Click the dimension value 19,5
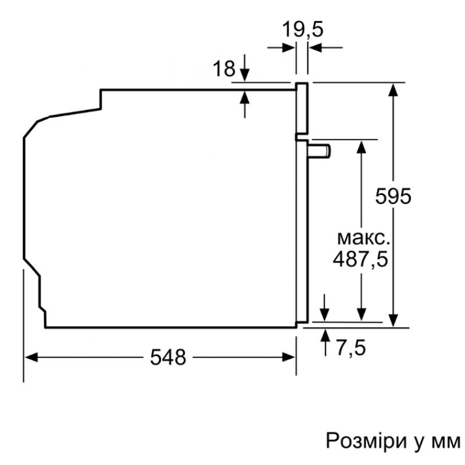[302, 30]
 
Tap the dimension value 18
[224, 69]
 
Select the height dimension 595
[394, 196]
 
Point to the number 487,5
[360, 259]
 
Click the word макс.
[364, 238]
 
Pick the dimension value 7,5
[351, 347]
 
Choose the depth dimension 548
[168, 357]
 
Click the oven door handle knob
[320, 151]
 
